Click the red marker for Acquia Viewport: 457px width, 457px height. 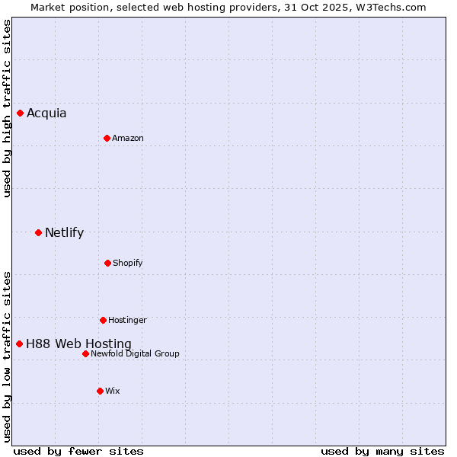[21, 113]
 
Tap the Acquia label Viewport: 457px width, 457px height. [46, 113]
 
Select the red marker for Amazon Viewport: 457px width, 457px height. [107, 138]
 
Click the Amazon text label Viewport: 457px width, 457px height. [128, 138]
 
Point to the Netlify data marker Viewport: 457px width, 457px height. [38, 232]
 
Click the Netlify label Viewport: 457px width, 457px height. [64, 233]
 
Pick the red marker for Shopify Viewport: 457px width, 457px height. [107, 263]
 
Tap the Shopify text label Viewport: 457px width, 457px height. [128, 263]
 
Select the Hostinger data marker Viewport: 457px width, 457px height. [103, 320]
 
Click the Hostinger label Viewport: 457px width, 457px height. [127, 320]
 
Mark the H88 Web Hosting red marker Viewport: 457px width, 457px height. [20, 344]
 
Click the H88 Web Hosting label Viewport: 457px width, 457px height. [78, 344]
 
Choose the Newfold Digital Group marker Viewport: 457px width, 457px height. [85, 353]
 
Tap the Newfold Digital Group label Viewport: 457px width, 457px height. [135, 353]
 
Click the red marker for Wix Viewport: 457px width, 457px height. [100, 391]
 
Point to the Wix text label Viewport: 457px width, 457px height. [113, 391]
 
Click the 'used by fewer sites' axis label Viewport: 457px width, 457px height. [78, 452]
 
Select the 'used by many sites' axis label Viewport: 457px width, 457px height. [382, 452]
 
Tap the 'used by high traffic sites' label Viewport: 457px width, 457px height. [8, 108]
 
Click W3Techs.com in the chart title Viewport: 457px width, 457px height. [389, 7]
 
